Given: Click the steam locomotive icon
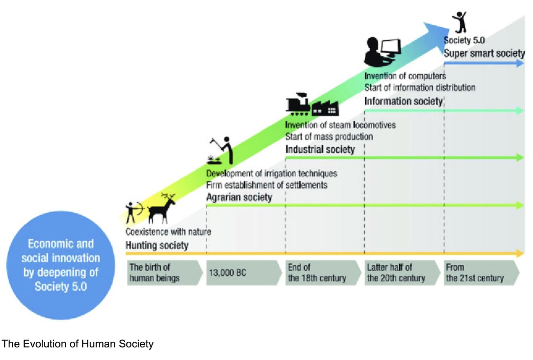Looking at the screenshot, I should click(298, 104).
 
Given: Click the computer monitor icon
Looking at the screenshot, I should click(391, 48).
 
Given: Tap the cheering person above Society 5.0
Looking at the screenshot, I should click(460, 22).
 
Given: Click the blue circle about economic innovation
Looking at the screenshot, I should click(61, 265).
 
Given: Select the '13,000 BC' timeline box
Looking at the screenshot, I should click(243, 273).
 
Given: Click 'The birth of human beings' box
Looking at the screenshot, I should click(164, 273).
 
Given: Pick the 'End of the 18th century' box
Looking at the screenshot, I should click(322, 273).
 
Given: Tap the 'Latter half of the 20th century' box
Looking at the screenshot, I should click(401, 273).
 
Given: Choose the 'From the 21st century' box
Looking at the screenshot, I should click(480, 273).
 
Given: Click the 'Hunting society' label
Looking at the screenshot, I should click(157, 245).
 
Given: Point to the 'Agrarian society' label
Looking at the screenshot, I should click(239, 197).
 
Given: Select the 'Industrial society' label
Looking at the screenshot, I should click(320, 149).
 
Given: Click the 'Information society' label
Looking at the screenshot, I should click(403, 101).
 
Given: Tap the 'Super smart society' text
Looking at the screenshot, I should click(484, 53).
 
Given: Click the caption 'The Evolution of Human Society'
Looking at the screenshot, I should click(78, 344).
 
